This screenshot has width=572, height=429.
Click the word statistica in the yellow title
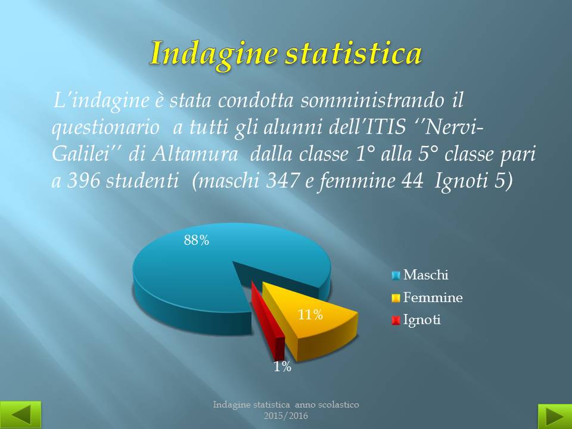(x=353, y=53)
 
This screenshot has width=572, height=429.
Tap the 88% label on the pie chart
(x=196, y=240)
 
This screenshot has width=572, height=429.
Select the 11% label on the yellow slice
(x=310, y=315)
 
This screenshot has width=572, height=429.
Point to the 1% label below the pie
(x=282, y=366)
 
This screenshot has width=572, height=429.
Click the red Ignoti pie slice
(x=268, y=321)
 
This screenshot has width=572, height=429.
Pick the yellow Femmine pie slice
(x=310, y=321)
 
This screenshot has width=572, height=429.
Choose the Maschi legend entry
(x=420, y=275)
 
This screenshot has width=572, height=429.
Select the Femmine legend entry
(x=427, y=298)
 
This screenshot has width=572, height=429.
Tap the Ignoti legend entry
(x=416, y=320)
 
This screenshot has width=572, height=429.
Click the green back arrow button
(x=20, y=415)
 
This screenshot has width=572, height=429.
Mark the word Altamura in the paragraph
(x=194, y=154)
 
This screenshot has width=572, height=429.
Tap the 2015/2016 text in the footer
(x=286, y=415)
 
